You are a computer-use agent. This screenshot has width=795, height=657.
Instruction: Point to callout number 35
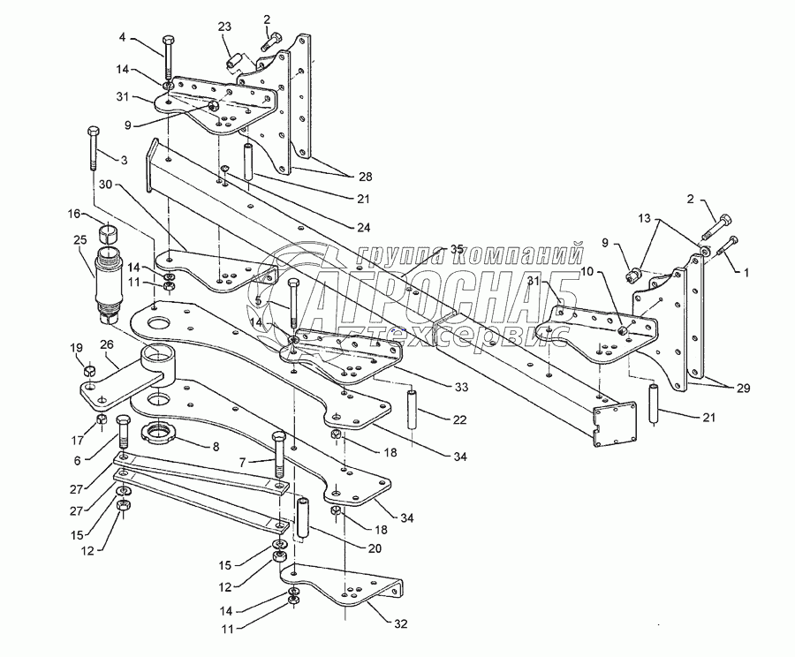(431, 249)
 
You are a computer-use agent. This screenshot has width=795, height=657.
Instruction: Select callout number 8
(216, 446)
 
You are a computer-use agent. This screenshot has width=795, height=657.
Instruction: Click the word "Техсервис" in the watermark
(406, 333)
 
